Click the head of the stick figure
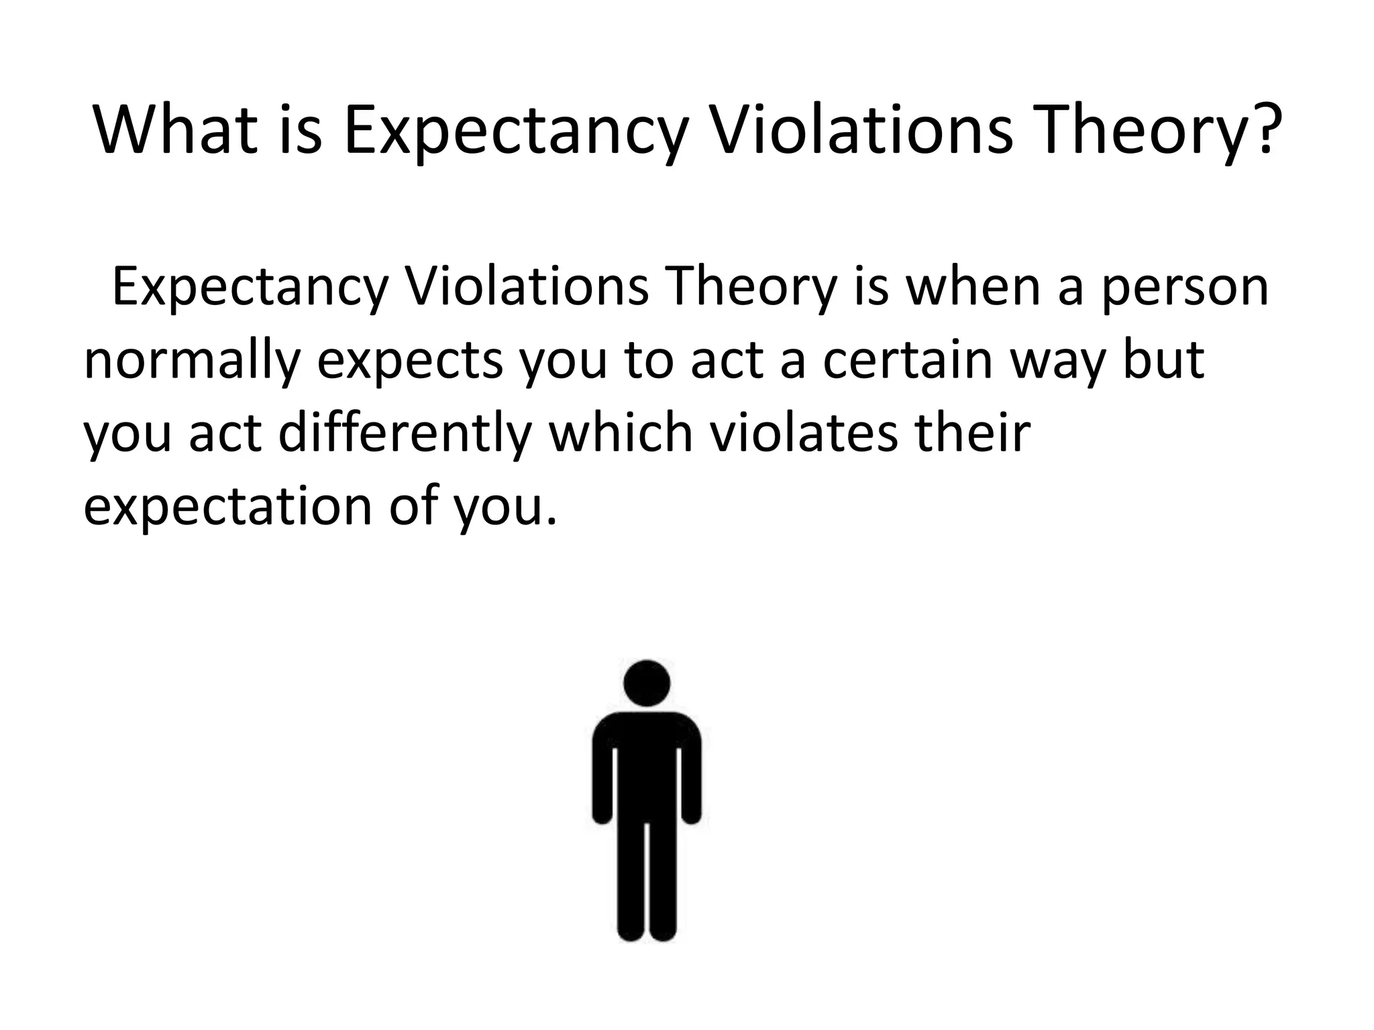[x=647, y=683]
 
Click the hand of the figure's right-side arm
[x=692, y=815]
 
